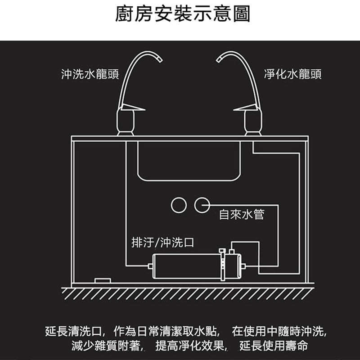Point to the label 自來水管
click(241, 214)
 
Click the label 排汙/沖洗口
click(162, 243)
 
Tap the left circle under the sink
click(179, 205)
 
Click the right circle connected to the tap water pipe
click(202, 205)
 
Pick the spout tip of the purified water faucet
click(218, 58)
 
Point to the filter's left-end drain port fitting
click(149, 266)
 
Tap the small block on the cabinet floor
click(103, 280)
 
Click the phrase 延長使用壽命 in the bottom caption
click(274, 346)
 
